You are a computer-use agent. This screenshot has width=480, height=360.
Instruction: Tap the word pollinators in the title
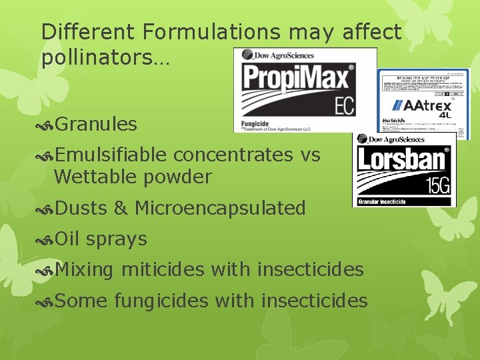(x=100, y=57)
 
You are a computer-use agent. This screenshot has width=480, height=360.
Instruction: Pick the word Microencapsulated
(x=220, y=208)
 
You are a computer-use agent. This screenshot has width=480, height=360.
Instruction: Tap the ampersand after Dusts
(x=120, y=208)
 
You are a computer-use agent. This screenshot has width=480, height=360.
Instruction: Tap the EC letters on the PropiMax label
(x=344, y=106)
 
